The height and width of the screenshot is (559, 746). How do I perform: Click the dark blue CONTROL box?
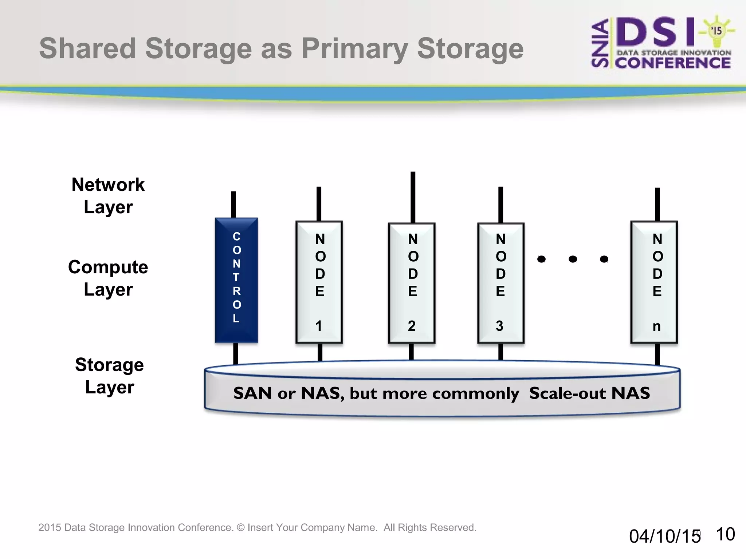click(236, 280)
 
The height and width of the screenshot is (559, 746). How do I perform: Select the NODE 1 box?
click(319, 282)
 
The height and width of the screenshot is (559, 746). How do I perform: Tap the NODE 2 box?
click(412, 283)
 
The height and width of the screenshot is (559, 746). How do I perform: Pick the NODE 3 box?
click(501, 283)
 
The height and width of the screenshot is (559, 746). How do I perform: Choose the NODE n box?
click(654, 282)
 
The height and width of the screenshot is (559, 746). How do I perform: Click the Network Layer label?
click(108, 196)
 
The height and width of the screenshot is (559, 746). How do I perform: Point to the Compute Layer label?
click(108, 278)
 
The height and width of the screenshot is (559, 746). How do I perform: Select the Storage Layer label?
click(109, 376)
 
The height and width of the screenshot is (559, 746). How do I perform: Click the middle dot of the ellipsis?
click(573, 259)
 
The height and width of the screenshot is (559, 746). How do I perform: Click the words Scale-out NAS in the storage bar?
click(589, 393)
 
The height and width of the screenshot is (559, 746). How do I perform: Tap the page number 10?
click(725, 534)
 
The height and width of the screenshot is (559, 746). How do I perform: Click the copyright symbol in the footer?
click(240, 527)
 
